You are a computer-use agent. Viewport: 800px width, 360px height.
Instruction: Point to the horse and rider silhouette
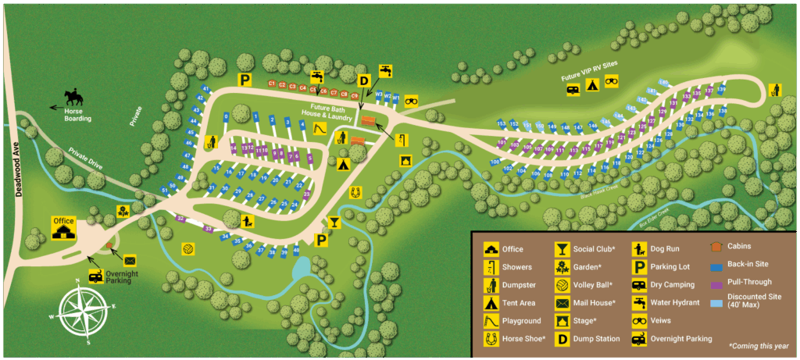pyautogui.click(x=73, y=96)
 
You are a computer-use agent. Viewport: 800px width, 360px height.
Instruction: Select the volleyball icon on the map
pyautogui.click(x=188, y=249)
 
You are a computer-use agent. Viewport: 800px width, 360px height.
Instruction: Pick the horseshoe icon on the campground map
pyautogui.click(x=356, y=189)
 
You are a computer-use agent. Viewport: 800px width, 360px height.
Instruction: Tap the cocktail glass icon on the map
pyautogui.click(x=335, y=223)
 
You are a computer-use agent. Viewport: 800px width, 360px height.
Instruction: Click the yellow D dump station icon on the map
pyautogui.click(x=363, y=80)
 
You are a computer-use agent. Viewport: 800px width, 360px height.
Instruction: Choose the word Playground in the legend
pyautogui.click(x=522, y=321)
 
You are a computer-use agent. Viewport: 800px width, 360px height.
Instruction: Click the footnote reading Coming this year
pyautogui.click(x=757, y=345)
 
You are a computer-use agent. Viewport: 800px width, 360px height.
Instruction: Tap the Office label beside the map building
pyautogui.click(x=63, y=221)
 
